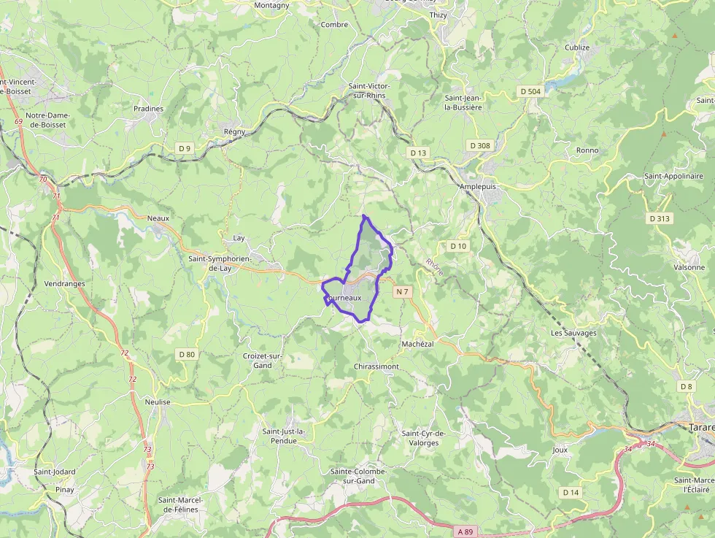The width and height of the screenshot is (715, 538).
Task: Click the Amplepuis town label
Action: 477,186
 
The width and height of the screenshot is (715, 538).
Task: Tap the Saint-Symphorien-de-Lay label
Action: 220,263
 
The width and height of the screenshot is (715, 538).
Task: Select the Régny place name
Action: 234,131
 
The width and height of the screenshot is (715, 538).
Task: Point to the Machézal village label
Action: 417,344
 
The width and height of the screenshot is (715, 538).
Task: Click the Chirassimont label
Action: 376,366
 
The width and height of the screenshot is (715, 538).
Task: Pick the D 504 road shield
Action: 530,91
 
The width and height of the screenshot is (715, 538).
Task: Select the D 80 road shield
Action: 187,355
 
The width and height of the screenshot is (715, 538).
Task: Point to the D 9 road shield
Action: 185,148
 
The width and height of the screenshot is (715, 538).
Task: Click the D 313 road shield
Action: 659,218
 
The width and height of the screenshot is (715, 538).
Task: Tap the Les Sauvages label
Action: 573,333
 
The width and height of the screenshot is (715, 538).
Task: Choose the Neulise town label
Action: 158,402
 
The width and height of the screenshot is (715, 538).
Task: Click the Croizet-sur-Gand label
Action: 257,361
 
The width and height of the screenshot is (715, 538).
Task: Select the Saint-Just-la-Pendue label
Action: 284,436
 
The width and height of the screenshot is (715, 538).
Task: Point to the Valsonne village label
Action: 689,267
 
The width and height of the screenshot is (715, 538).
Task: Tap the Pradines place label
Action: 149,109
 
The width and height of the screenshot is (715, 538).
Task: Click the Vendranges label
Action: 65,284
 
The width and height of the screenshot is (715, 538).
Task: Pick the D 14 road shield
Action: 571,493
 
